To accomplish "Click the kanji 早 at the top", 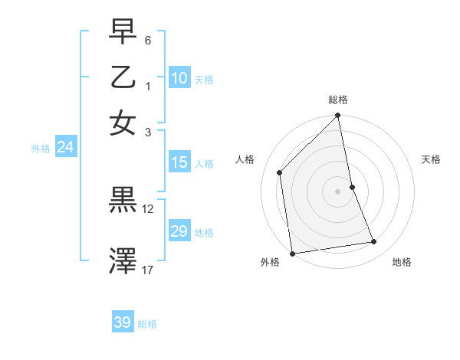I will [x=123, y=32].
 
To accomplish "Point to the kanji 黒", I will [x=123, y=200].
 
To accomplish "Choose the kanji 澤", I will [x=123, y=260].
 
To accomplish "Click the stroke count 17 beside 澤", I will [x=148, y=270].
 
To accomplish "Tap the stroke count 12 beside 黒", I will [x=148, y=208].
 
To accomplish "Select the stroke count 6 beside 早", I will [x=149, y=40].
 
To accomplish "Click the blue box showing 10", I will [x=179, y=78].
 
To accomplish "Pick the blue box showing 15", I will [x=179, y=162].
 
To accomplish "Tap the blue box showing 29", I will [x=179, y=231].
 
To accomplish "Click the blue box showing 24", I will [x=65, y=148].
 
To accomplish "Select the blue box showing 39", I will [x=123, y=322].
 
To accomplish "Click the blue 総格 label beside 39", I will [x=147, y=324].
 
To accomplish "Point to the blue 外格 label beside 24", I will [x=41, y=149].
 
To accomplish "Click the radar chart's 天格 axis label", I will [x=432, y=159].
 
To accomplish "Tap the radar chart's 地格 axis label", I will [x=402, y=262].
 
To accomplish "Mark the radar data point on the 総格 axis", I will [x=338, y=116].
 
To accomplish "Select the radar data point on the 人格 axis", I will [x=280, y=172].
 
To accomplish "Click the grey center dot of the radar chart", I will [x=338, y=191].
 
